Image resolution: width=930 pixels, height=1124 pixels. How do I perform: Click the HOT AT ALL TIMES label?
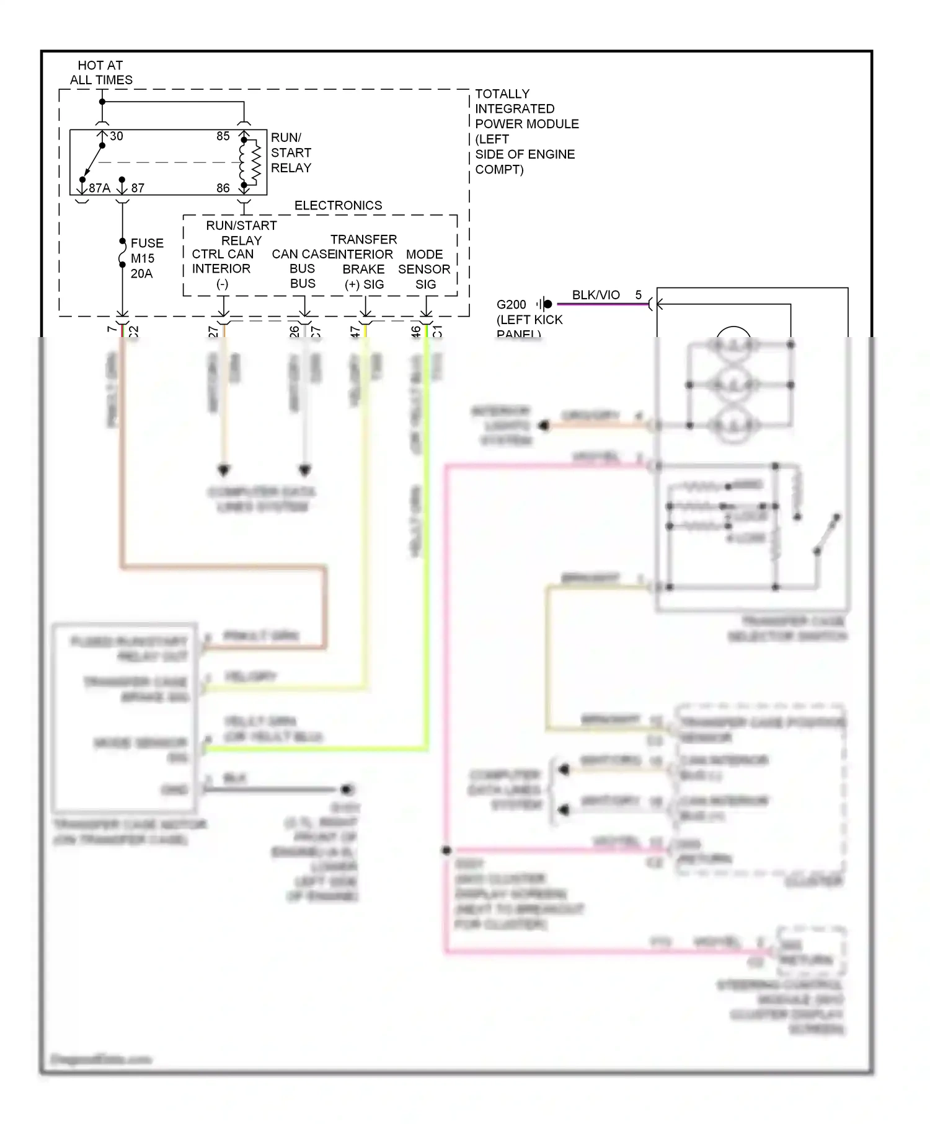(100, 72)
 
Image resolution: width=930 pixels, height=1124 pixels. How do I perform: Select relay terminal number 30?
(116, 136)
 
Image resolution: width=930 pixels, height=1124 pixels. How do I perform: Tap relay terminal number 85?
(223, 136)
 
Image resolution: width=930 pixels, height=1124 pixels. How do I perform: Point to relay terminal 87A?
(99, 188)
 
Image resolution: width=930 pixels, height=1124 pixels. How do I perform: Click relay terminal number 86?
(223, 188)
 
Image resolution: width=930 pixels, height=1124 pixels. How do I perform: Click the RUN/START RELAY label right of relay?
(291, 152)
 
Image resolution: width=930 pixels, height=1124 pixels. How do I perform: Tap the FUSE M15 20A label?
(146, 258)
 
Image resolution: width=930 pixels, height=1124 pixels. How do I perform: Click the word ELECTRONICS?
(338, 205)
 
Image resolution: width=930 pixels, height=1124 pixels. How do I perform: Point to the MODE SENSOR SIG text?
(425, 269)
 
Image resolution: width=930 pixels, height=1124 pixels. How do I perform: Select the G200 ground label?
(511, 304)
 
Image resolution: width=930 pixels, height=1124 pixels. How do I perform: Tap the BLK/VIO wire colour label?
(595, 295)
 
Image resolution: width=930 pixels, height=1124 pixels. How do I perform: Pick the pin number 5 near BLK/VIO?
(639, 295)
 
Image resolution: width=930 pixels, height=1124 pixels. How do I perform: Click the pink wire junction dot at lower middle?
(446, 850)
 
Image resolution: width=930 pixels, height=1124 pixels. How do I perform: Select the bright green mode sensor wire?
(427, 558)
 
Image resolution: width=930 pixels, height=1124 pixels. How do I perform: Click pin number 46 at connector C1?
(415, 331)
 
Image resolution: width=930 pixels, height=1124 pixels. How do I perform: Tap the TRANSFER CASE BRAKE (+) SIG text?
(364, 261)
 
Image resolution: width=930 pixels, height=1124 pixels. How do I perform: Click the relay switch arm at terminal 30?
(92, 162)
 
